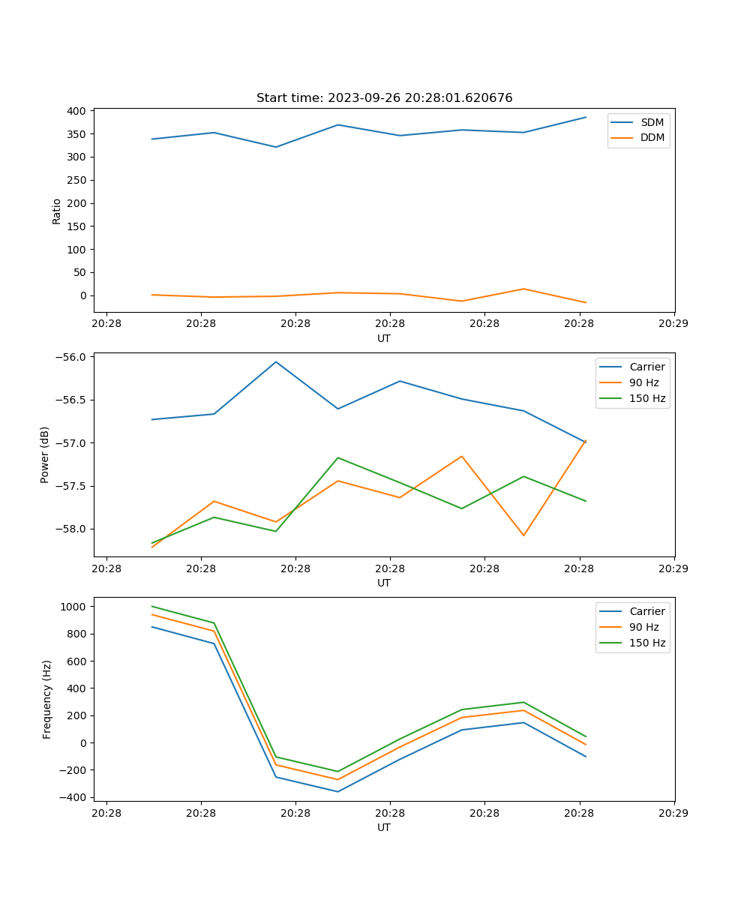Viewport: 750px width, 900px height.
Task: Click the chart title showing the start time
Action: click(x=384, y=98)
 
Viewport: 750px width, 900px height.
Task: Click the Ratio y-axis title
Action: click(x=56, y=211)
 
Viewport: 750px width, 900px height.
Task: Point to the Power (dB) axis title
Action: click(x=45, y=454)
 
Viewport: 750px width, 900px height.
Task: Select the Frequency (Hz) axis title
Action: click(x=46, y=699)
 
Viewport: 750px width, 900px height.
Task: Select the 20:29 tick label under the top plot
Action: click(x=673, y=323)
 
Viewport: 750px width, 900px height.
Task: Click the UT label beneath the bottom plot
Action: click(x=384, y=827)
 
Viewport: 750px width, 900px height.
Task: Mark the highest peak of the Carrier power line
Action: click(x=276, y=361)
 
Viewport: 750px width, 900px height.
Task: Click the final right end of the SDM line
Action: click(x=586, y=117)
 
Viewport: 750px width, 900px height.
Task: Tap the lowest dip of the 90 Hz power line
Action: click(x=152, y=547)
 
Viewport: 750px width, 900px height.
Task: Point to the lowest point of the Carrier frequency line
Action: click(x=337, y=791)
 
